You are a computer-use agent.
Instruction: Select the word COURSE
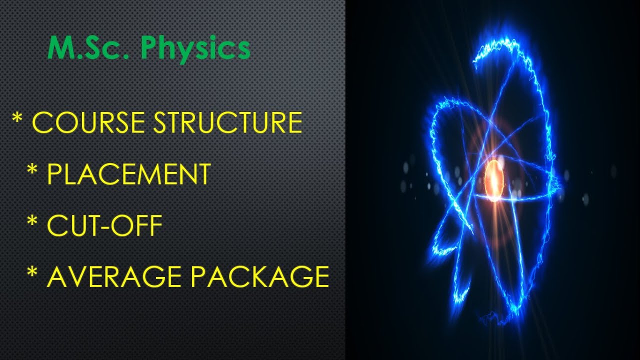[x=88, y=122]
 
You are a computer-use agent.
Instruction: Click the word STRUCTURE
[x=227, y=122]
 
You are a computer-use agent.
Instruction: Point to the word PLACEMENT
[x=128, y=174]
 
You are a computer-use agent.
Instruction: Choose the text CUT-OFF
[x=104, y=226]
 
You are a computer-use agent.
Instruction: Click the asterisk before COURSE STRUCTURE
[x=17, y=119]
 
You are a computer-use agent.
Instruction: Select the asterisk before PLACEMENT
[x=32, y=170]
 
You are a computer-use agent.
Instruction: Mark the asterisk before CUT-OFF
[x=32, y=222]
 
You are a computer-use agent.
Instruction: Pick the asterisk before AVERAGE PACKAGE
[x=32, y=273]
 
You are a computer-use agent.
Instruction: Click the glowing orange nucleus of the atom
[x=493, y=179]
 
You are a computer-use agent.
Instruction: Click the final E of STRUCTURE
[x=294, y=122]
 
